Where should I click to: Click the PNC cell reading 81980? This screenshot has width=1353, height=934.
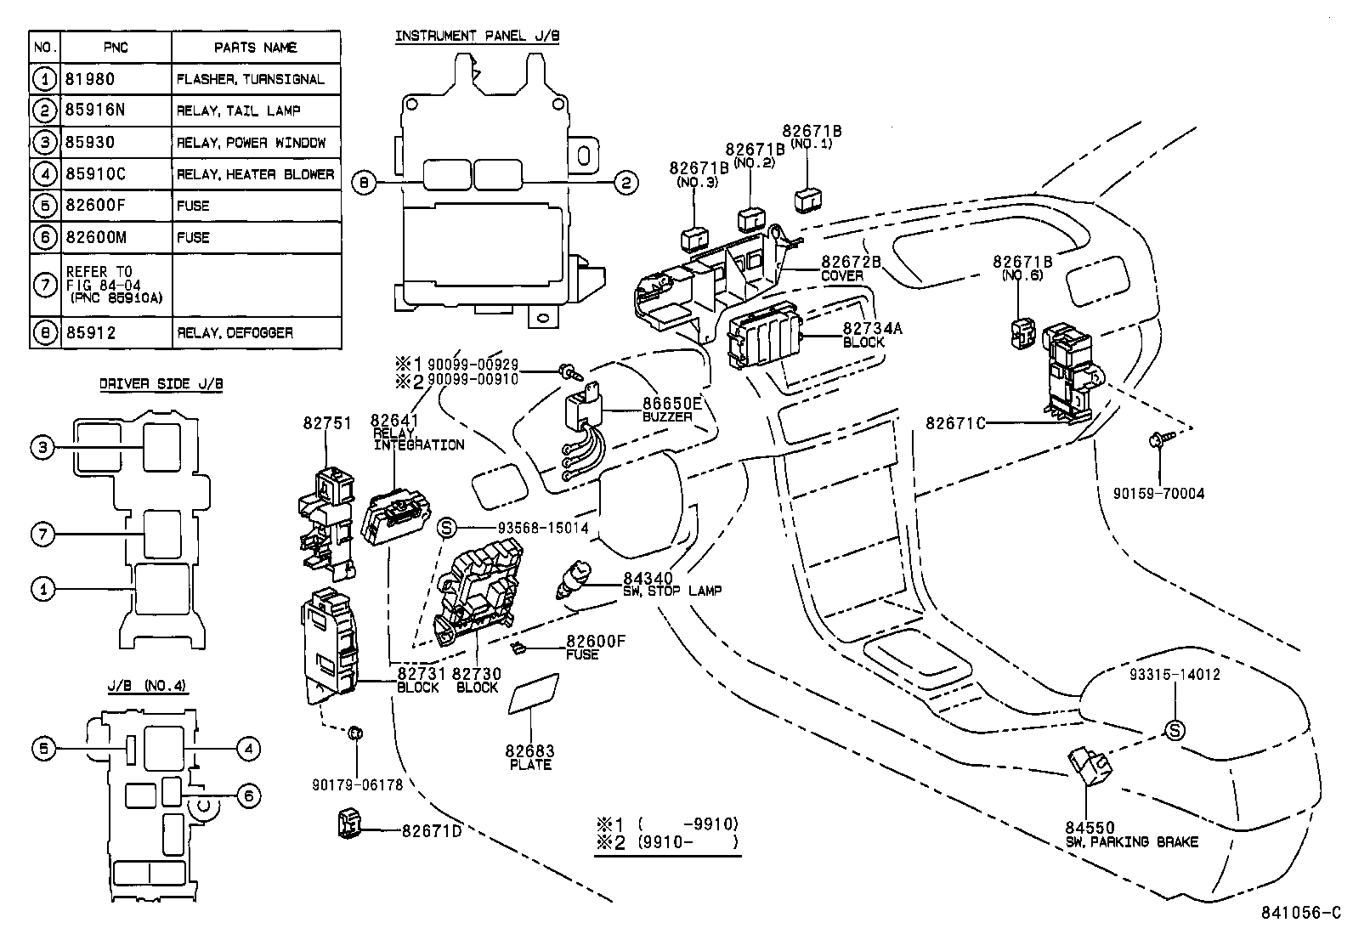(89, 79)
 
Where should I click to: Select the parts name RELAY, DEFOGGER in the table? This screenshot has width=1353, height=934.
(235, 332)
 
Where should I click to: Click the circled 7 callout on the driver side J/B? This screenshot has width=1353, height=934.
(43, 535)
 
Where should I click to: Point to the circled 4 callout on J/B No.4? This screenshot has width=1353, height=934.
(247, 748)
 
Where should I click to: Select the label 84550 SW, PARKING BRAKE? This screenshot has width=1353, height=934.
(1131, 835)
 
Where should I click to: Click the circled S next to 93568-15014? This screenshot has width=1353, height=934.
(448, 529)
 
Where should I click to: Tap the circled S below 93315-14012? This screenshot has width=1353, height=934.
(1174, 730)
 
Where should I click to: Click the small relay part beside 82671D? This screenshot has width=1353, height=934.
(348, 822)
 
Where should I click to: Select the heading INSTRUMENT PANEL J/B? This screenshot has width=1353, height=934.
(477, 36)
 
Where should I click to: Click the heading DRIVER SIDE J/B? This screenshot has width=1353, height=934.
(161, 384)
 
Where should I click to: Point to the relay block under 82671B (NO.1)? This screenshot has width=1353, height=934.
(807, 201)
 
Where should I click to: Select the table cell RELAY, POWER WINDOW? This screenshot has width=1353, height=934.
(251, 142)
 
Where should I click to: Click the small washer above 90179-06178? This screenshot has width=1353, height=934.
(357, 733)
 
